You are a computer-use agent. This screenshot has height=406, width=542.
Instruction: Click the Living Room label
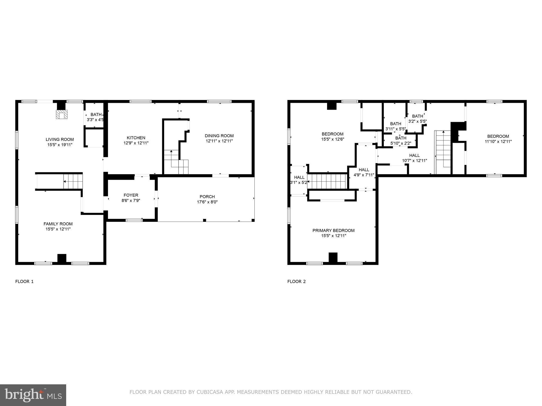tap(60, 139)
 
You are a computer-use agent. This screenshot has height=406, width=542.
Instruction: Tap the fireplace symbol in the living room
tap(61, 114)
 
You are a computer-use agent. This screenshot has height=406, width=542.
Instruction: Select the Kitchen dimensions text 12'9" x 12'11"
tap(136, 143)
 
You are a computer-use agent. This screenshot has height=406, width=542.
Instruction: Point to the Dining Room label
tap(219, 136)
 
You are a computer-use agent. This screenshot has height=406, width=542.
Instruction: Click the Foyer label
tap(131, 195)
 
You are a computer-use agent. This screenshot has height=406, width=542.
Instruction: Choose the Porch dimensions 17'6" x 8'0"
tap(207, 202)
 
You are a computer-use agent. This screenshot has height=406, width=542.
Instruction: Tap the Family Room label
tap(58, 224)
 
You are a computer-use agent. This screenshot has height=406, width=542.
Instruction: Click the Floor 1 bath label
tap(96, 114)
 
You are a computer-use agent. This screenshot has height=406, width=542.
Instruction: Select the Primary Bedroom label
tap(333, 230)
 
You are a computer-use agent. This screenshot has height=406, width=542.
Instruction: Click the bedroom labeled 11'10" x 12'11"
tap(498, 139)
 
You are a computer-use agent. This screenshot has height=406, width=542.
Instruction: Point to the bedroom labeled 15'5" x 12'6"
tap(332, 136)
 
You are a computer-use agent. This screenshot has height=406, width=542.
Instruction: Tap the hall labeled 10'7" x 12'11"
tap(414, 158)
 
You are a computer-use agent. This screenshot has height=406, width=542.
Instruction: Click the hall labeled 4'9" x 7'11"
tap(364, 172)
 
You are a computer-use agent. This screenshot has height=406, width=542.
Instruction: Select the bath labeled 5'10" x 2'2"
tap(401, 141)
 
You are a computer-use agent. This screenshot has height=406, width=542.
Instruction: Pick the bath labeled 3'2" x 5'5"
tap(417, 119)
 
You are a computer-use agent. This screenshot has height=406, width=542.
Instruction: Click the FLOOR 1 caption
tap(24, 282)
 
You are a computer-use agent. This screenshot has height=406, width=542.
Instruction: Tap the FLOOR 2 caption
tap(296, 282)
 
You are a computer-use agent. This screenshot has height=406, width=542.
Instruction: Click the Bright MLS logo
tap(33, 395)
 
